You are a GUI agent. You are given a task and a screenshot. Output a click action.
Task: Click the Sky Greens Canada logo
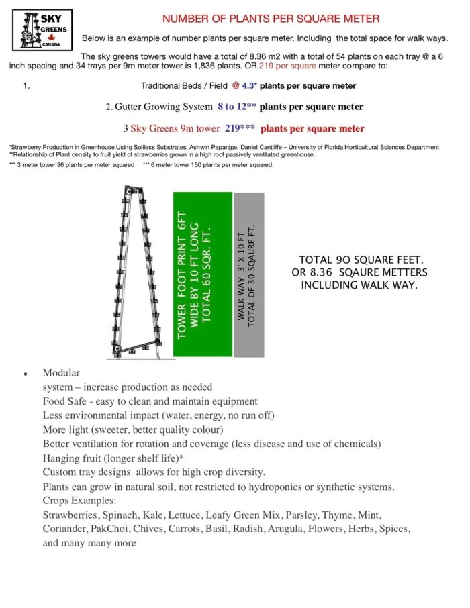coord(42,30)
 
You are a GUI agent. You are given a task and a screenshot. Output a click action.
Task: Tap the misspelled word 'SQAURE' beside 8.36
coord(363,272)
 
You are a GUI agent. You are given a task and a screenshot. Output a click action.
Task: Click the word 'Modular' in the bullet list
coord(61,373)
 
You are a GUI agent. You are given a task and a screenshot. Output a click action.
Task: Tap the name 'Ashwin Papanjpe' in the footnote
coord(263,147)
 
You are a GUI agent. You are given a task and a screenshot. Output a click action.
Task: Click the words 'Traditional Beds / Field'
coord(183,86)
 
